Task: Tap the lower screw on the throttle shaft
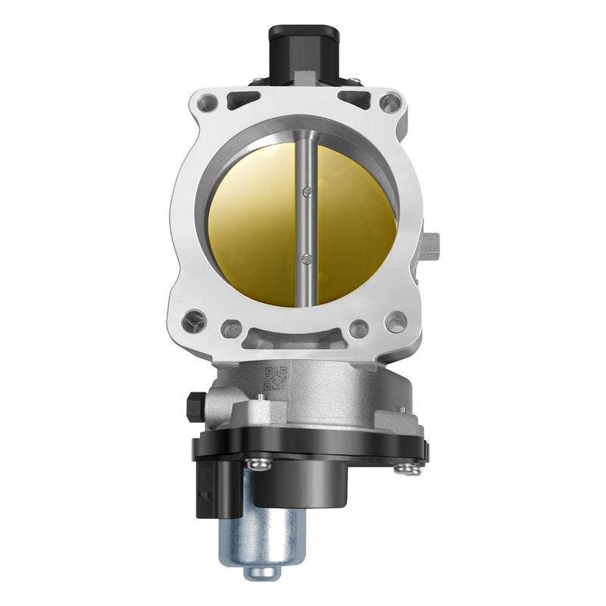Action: (x=305, y=259)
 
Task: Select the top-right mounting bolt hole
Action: (x=390, y=102)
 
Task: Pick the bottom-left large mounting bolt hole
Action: (x=194, y=321)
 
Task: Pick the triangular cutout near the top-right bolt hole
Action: (x=355, y=98)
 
